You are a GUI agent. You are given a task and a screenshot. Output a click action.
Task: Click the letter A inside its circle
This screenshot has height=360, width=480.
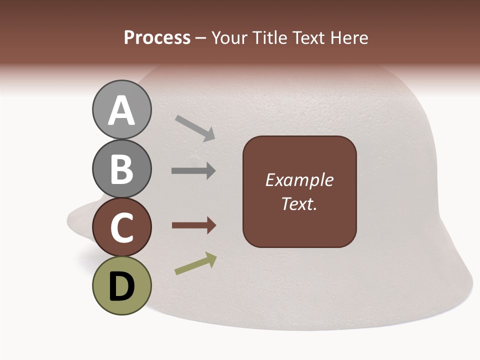[x=121, y=110]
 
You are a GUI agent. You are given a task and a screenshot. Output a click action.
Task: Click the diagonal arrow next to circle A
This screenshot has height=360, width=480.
[x=195, y=128]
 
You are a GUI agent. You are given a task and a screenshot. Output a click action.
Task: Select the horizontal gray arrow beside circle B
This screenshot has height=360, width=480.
[x=193, y=171]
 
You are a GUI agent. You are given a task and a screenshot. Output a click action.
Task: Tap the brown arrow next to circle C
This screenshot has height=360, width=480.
[x=193, y=226]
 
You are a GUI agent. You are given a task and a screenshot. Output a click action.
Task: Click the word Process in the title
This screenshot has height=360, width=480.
[x=157, y=37]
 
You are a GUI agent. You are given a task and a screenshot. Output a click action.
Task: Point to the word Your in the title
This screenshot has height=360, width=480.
[x=230, y=37]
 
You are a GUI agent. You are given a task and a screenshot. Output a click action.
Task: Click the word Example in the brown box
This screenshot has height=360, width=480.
[x=299, y=180]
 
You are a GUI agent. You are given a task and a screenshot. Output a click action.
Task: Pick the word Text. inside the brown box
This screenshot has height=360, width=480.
[x=299, y=203]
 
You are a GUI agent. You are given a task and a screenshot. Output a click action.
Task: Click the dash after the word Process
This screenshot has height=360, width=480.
[x=201, y=38]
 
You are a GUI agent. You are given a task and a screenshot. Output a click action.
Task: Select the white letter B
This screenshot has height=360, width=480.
[x=121, y=169]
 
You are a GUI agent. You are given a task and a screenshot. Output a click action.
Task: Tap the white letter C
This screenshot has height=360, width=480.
[x=121, y=227]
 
